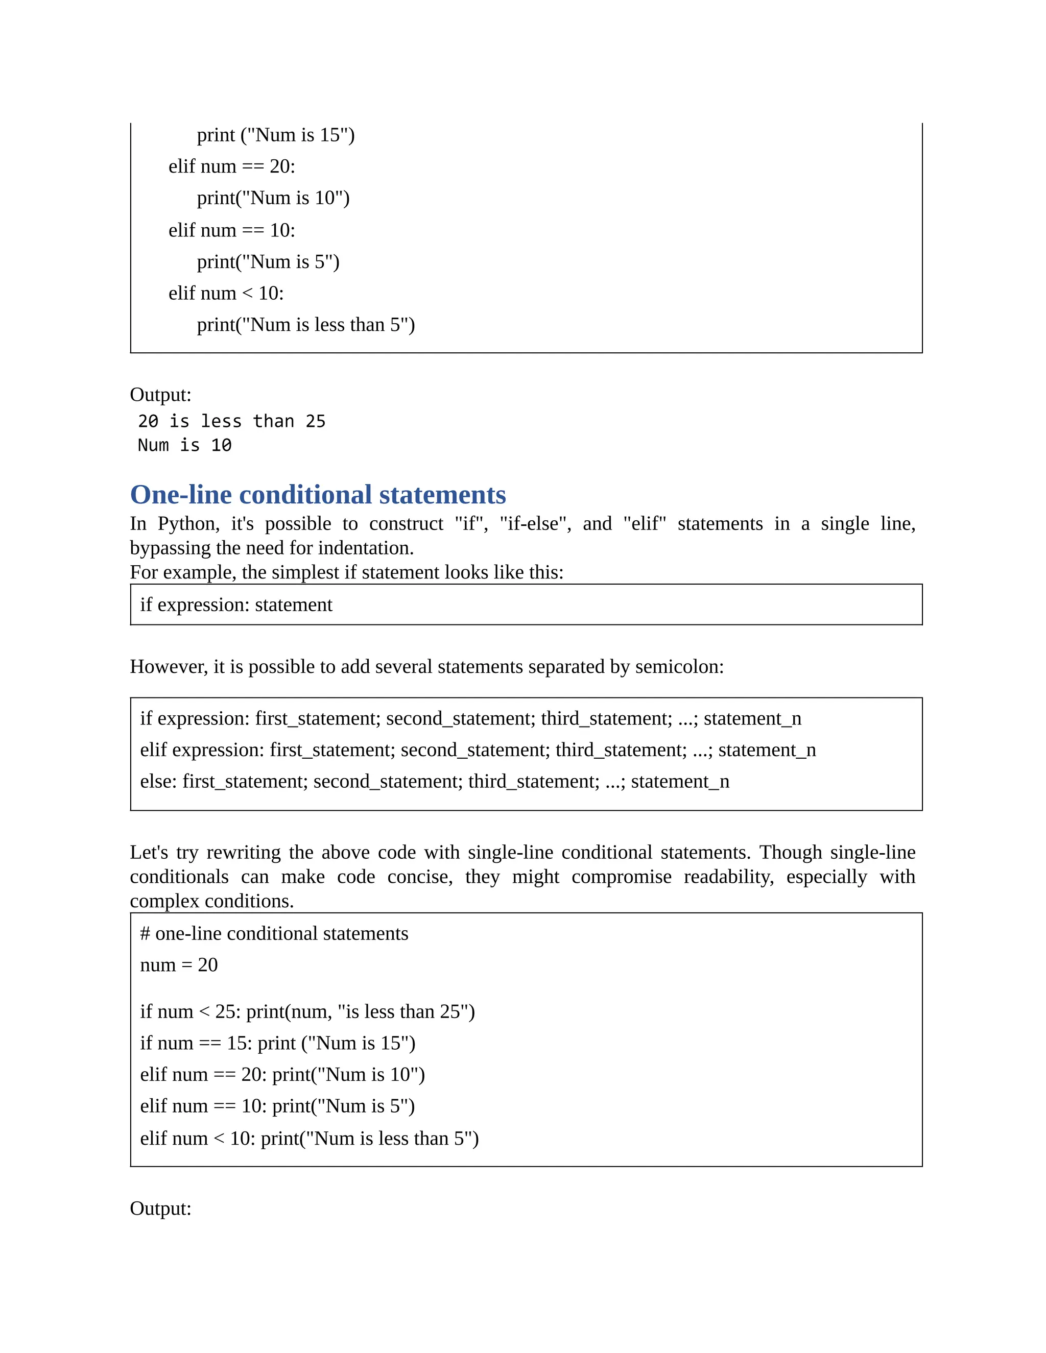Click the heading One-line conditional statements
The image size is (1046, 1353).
tap(318, 495)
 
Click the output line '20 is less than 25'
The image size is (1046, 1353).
tap(231, 421)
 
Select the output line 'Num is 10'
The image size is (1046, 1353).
tap(185, 445)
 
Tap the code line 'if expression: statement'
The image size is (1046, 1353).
tap(236, 605)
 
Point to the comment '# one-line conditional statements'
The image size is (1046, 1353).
tap(274, 934)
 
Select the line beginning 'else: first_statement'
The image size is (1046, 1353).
tap(435, 781)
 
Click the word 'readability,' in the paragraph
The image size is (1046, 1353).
tap(729, 877)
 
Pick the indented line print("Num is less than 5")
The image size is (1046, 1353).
tap(305, 325)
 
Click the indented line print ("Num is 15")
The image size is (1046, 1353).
tap(276, 135)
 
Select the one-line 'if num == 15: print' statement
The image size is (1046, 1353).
tap(278, 1043)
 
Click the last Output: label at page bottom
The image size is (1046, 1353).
tap(160, 1209)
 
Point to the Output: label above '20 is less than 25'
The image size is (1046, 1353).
tap(160, 395)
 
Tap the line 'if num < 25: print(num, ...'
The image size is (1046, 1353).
tap(307, 1011)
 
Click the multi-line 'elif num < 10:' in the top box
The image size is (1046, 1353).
tap(226, 293)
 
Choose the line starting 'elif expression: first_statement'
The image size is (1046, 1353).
tap(478, 750)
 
